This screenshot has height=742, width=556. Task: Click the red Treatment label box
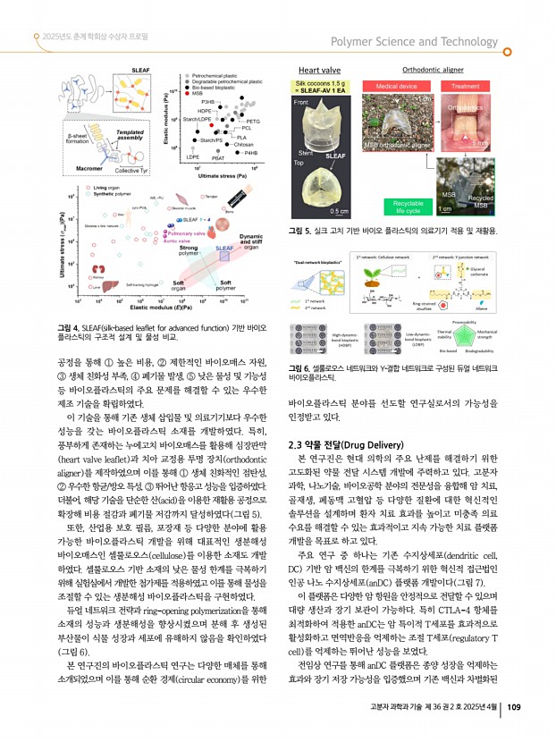click(469, 85)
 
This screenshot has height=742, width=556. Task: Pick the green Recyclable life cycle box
click(407, 207)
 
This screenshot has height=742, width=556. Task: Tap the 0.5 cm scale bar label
click(339, 211)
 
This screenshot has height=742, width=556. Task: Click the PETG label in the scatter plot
click(252, 121)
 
